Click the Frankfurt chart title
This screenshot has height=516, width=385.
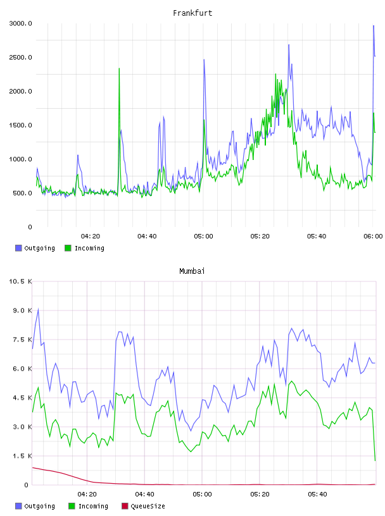pos(192,13)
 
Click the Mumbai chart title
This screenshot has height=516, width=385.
pos(192,271)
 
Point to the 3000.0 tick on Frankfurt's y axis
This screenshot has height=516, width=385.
pos(20,23)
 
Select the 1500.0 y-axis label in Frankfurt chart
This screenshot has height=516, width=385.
pos(20,125)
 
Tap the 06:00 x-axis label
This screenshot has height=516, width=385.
pos(373,236)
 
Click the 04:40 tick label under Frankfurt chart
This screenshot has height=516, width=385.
pos(147,236)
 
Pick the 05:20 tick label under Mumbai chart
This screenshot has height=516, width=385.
pos(260,494)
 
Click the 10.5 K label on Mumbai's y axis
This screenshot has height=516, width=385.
pos(20,281)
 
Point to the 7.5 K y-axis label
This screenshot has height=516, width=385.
pos(22,340)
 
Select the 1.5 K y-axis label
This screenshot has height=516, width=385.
pos(22,456)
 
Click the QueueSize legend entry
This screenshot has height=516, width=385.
pos(148,506)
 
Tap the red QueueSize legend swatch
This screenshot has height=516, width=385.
pos(125,506)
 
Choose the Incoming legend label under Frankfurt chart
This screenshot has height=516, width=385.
pos(89,248)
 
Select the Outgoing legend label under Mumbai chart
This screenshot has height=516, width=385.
pos(39,506)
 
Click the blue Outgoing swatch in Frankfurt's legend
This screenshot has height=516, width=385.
pos(18,248)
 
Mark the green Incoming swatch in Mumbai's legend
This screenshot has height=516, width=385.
pos(72,506)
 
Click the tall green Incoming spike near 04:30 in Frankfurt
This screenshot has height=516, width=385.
pos(119,69)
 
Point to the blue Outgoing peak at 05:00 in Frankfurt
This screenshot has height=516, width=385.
pos(204,60)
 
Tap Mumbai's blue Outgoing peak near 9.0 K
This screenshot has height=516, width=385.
pos(38,309)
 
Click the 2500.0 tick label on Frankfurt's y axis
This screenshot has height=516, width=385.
pos(20,58)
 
